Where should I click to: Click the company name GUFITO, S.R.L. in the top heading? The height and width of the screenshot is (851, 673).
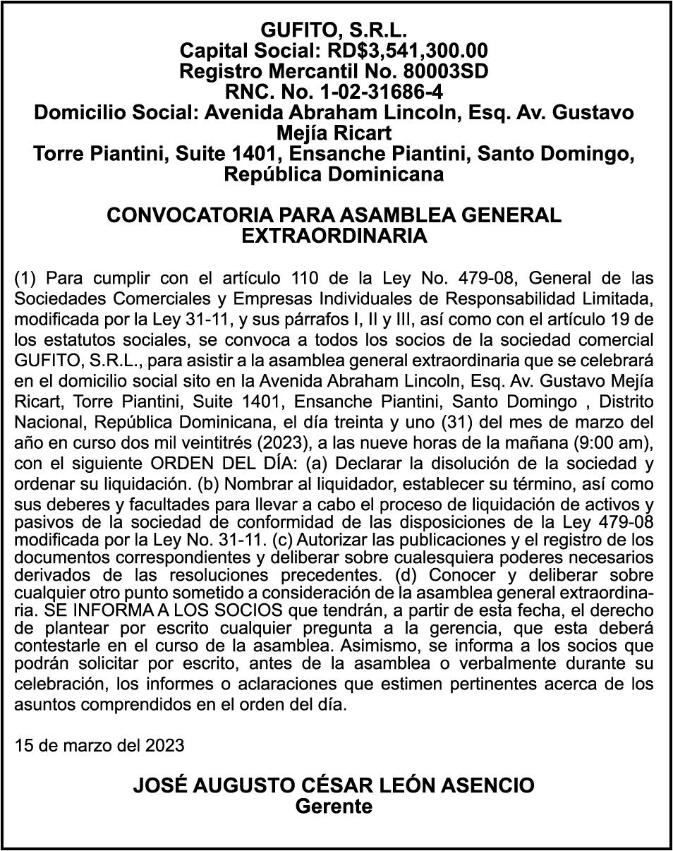tap(334, 30)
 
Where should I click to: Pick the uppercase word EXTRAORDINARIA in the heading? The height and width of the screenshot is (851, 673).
tap(334, 236)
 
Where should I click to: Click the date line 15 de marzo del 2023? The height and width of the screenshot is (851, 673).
tap(99, 745)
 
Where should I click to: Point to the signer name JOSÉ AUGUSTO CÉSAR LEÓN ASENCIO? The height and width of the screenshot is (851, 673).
tap(334, 786)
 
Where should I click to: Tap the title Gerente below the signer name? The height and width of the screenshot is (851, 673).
tap(334, 807)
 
